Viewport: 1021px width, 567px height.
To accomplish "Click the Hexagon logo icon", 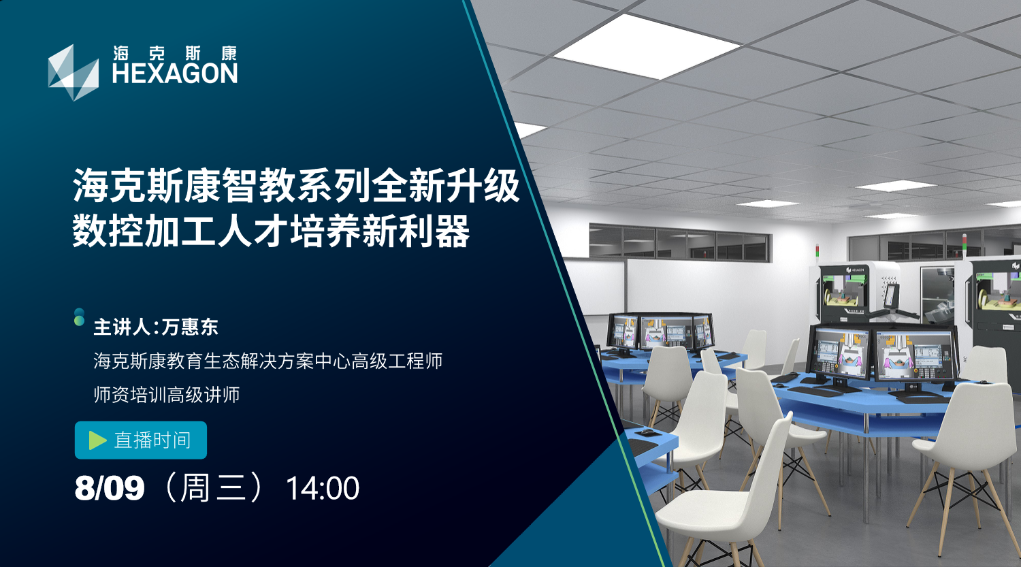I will [73, 72].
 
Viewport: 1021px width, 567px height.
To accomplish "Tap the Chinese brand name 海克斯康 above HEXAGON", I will [175, 53].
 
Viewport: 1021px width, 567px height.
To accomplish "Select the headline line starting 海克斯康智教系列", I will [296, 186].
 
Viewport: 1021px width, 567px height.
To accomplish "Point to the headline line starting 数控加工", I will [271, 231].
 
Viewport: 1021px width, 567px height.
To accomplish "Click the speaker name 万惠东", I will [190, 327].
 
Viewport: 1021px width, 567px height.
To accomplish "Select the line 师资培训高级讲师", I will [167, 395].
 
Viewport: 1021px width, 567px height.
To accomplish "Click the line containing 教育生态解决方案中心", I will [268, 361].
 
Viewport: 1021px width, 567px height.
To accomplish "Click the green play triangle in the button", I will [97, 440].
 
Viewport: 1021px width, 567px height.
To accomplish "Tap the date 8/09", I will [110, 488].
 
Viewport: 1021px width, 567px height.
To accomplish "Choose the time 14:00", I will [323, 489].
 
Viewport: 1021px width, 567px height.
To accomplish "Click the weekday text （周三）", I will [215, 488].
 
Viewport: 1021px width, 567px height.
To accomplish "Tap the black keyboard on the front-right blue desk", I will [815, 391].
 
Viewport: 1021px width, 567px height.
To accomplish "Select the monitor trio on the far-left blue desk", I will [660, 331].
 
